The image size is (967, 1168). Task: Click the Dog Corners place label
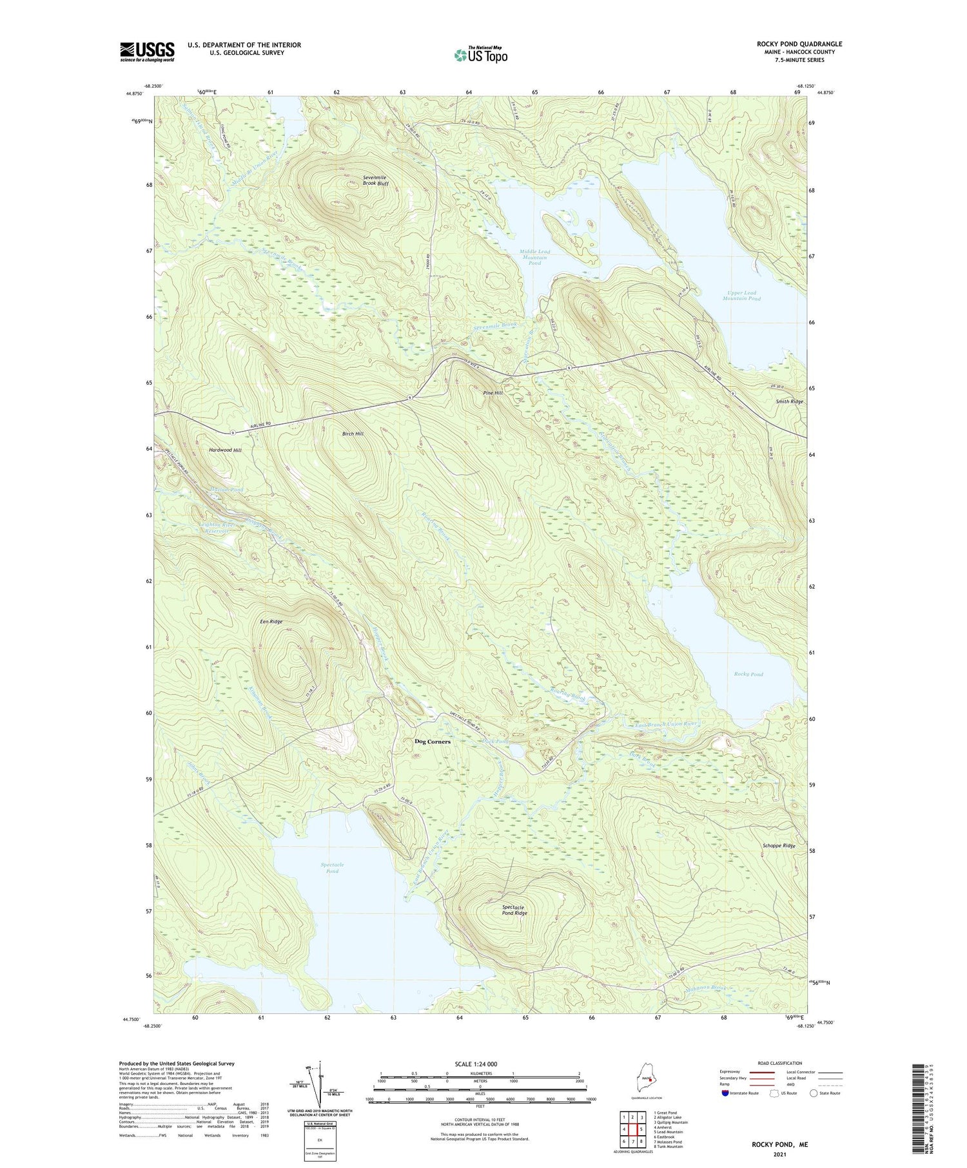coord(432,742)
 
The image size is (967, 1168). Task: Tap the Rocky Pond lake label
coord(748,674)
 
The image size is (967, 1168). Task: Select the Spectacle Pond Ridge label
coord(514,910)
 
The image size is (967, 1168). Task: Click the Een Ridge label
coord(271,622)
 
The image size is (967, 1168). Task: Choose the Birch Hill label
coord(353,434)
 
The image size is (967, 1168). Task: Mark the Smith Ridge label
coord(789,401)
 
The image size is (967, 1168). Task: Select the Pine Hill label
coord(493,392)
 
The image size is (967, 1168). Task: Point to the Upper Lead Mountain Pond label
coord(741,296)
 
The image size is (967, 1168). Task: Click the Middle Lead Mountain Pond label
coord(534,258)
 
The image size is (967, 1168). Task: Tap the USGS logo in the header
coord(147,52)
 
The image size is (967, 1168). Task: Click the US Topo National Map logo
coord(480,55)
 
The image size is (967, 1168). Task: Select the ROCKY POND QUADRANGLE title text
coord(799,44)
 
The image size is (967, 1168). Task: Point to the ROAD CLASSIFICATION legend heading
coord(780,1063)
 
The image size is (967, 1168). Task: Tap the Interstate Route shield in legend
coord(725,1093)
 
